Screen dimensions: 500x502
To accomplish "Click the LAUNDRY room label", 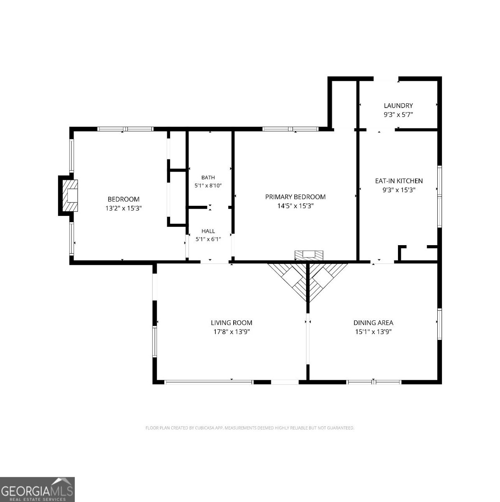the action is (398, 105).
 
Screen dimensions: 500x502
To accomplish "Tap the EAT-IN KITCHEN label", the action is (399, 181).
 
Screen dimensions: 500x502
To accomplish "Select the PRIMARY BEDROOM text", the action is (295, 197).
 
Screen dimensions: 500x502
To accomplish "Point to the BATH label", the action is (208, 177).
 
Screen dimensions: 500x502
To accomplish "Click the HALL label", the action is (208, 231).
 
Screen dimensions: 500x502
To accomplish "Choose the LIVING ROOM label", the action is (232, 323).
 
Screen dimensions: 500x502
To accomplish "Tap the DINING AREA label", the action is (373, 323).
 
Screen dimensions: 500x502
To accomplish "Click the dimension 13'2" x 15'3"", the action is (123, 208).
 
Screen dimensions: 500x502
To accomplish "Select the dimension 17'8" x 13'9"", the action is (232, 332).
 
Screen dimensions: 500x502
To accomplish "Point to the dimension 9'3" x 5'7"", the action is (398, 114).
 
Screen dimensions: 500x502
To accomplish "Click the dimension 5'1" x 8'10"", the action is (208, 185).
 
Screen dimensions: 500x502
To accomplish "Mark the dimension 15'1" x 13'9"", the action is (373, 332).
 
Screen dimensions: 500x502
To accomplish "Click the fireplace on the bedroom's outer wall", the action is (68, 196).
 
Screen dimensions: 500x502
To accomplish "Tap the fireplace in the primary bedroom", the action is (309, 255).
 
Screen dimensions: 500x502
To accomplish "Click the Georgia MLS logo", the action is (37, 489).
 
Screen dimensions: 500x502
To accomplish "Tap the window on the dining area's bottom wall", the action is (374, 382).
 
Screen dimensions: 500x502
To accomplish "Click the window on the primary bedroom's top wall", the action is (290, 129).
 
